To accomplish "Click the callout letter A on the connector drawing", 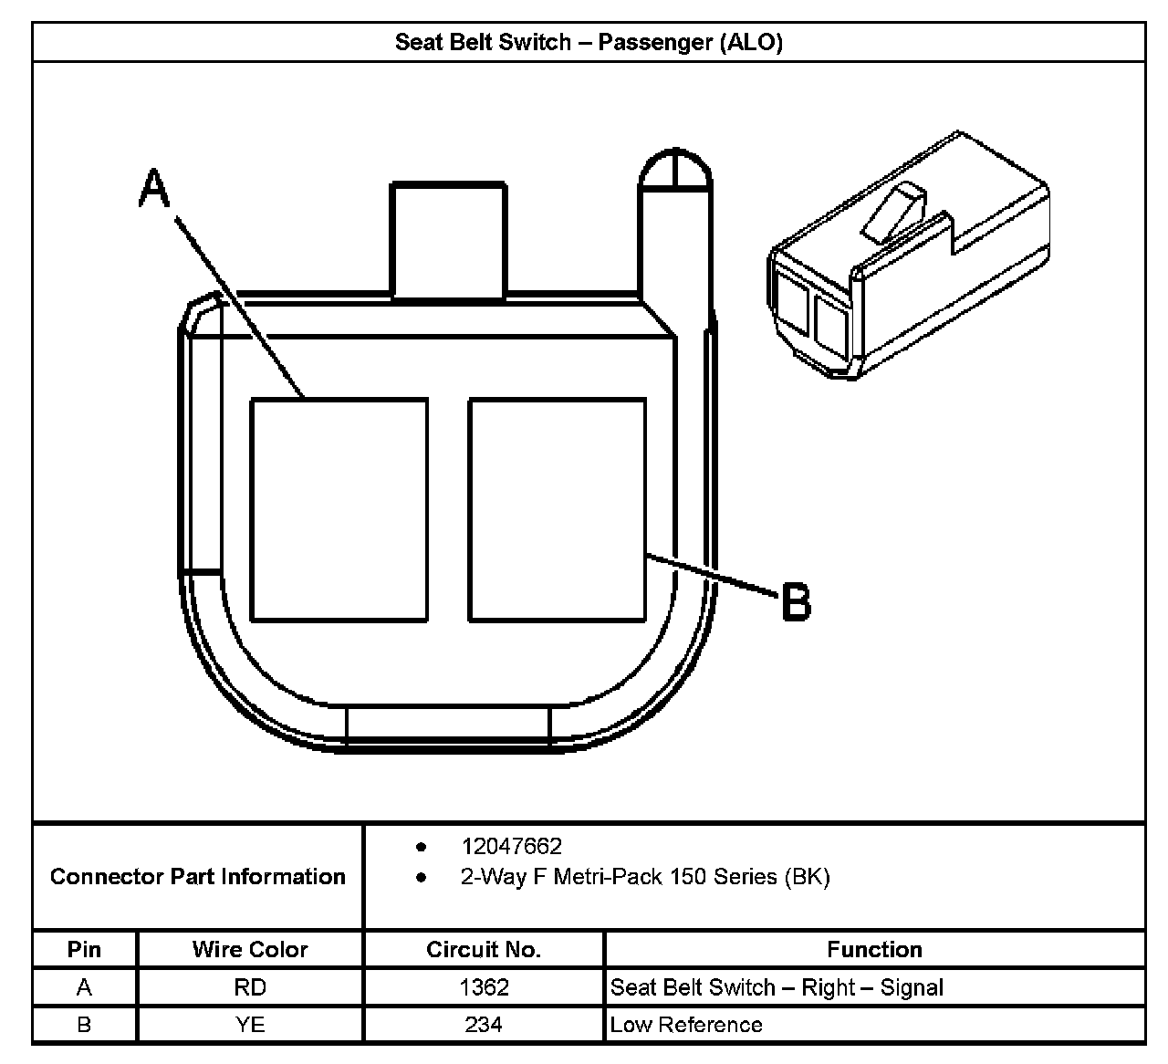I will tap(155, 190).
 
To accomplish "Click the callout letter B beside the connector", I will tap(797, 603).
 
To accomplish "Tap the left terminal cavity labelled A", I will tap(339, 510).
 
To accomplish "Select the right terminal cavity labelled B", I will tap(558, 510).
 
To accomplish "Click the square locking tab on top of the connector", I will tap(449, 240).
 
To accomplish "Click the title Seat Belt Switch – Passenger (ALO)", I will tap(589, 42).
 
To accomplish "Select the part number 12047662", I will tap(511, 847).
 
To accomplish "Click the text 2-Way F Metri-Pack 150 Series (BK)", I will tap(645, 878).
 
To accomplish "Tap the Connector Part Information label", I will tap(198, 877).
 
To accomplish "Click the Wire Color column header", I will tap(250, 950).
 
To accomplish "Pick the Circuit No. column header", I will tap(484, 950).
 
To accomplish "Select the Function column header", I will tap(874, 950).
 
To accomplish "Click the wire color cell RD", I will tap(250, 987).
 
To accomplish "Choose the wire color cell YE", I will tap(250, 1025).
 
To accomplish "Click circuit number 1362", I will tap(484, 987).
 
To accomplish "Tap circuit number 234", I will tap(484, 1025).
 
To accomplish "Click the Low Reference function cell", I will tap(686, 1025).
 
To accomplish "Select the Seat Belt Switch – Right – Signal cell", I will tap(777, 987).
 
